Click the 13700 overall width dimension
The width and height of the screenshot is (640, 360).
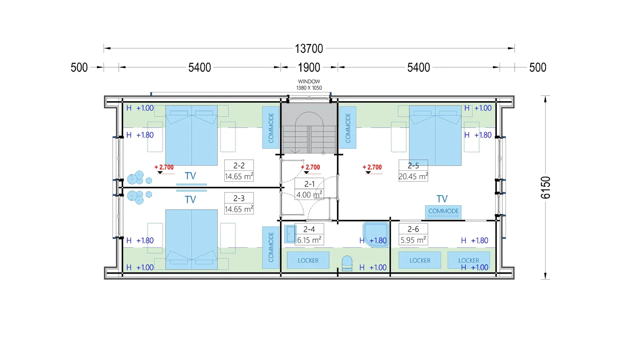pyautogui.click(x=309, y=48)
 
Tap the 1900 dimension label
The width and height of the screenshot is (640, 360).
pyautogui.click(x=309, y=68)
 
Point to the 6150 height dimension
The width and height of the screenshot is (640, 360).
pyautogui.click(x=546, y=188)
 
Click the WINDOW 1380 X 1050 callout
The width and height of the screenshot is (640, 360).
pyautogui.click(x=309, y=85)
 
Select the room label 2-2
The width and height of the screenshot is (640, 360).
pyautogui.click(x=239, y=166)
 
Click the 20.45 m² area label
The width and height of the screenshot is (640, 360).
pyautogui.click(x=413, y=176)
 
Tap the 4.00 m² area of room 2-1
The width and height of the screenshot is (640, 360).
pyautogui.click(x=310, y=194)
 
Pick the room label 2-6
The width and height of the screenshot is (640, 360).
pyautogui.click(x=413, y=229)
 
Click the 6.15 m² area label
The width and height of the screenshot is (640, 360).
pyautogui.click(x=309, y=240)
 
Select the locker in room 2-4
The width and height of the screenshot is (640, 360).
pyautogui.click(x=308, y=260)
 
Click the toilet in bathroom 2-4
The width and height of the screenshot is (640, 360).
pyautogui.click(x=347, y=263)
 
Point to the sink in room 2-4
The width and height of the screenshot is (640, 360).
pyautogui.click(x=290, y=234)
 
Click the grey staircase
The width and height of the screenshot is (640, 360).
pyautogui.click(x=309, y=128)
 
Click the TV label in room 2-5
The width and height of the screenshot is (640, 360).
pyautogui.click(x=442, y=199)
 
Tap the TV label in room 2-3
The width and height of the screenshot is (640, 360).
pyautogui.click(x=190, y=200)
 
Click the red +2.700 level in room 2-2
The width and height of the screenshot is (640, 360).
pyautogui.click(x=164, y=167)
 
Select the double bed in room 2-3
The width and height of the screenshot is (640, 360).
pyautogui.click(x=192, y=240)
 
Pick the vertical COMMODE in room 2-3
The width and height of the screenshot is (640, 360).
pyautogui.click(x=271, y=248)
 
